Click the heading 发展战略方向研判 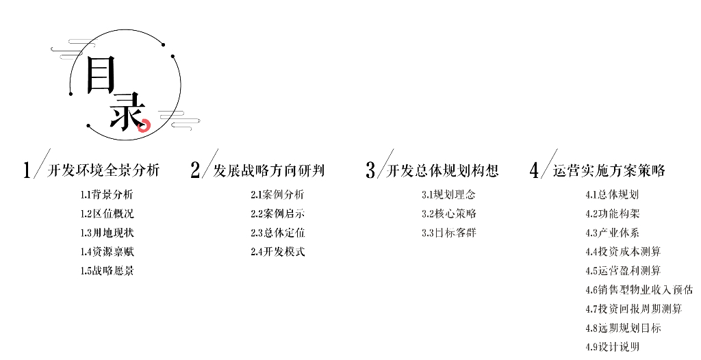point(269,170)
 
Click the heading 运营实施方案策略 point(609,170)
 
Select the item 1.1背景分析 point(107,194)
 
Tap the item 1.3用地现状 point(107,233)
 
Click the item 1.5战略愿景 point(107,271)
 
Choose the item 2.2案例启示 point(277,214)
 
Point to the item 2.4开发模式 point(277,252)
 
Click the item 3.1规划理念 point(448,194)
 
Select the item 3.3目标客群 point(448,233)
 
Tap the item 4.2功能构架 point(612,214)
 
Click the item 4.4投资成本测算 point(623,252)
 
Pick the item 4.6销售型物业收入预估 point(639,290)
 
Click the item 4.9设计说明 point(612,347)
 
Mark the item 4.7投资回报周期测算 point(634,309)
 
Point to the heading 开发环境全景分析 point(103,170)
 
